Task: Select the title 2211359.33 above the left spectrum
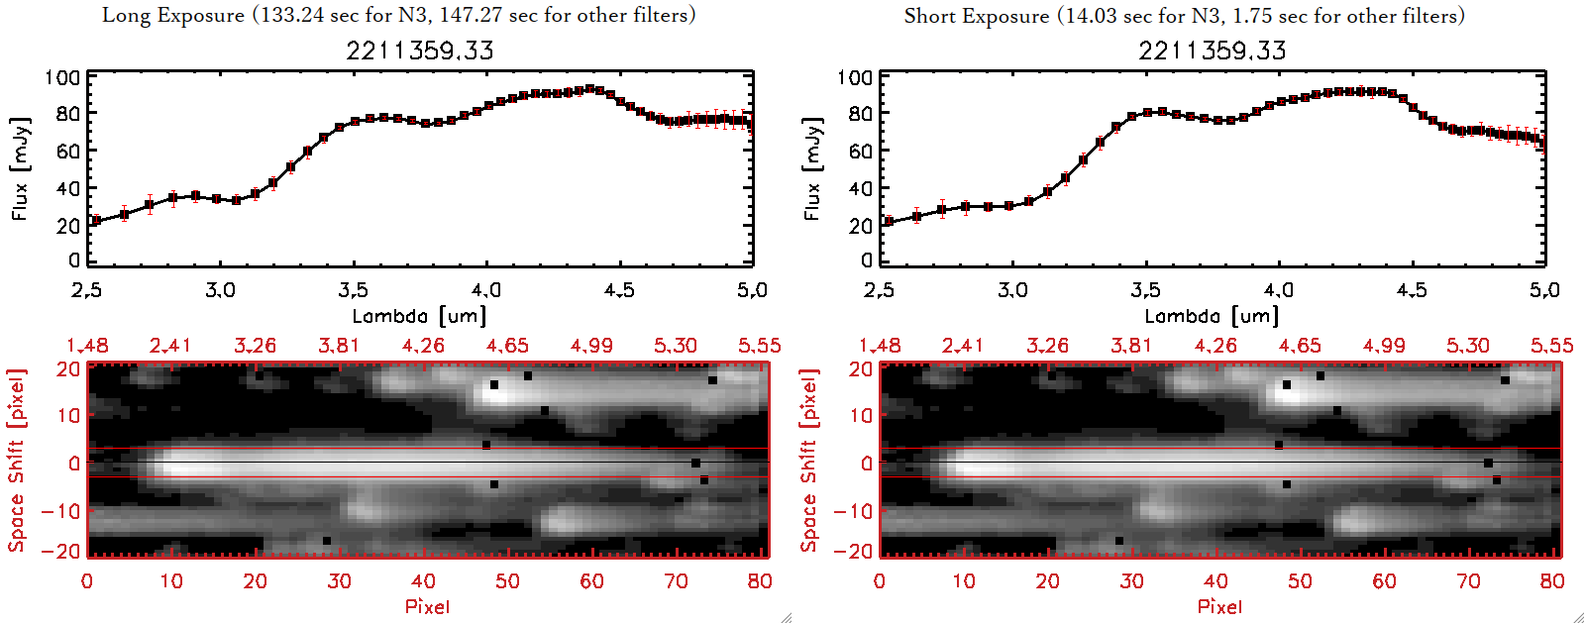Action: click(x=419, y=51)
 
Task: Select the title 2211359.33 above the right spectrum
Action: click(x=1212, y=51)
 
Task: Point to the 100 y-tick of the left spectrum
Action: click(x=62, y=77)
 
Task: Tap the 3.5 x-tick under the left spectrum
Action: click(x=353, y=290)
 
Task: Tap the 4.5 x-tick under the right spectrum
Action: click(x=1412, y=290)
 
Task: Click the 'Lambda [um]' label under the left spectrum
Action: click(x=419, y=316)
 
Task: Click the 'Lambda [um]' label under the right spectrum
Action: click(x=1212, y=316)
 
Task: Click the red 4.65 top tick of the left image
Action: click(x=507, y=346)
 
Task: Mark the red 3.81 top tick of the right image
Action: click(x=1131, y=346)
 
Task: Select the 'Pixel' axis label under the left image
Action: click(x=427, y=606)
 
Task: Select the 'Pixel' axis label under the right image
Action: click(x=1219, y=606)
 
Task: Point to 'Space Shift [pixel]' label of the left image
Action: click(x=17, y=461)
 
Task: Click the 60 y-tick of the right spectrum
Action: click(x=860, y=152)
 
